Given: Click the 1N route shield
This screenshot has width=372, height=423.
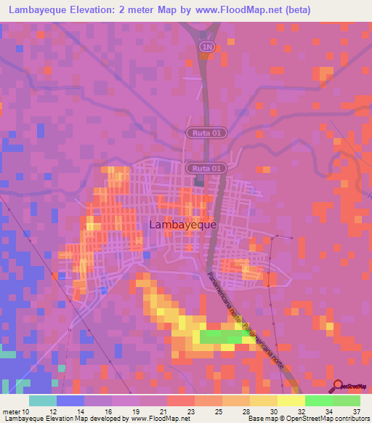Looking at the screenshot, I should click(x=208, y=47).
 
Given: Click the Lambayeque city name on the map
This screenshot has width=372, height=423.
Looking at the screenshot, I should click(x=182, y=225).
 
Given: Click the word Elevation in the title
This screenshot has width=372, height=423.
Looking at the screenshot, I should click(x=103, y=10).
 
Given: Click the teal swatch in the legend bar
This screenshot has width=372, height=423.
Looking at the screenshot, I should click(x=43, y=400).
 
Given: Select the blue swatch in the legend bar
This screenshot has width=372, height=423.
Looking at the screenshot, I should click(x=70, y=400).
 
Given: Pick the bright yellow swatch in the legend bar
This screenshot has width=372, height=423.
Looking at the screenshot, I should click(x=291, y=400).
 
